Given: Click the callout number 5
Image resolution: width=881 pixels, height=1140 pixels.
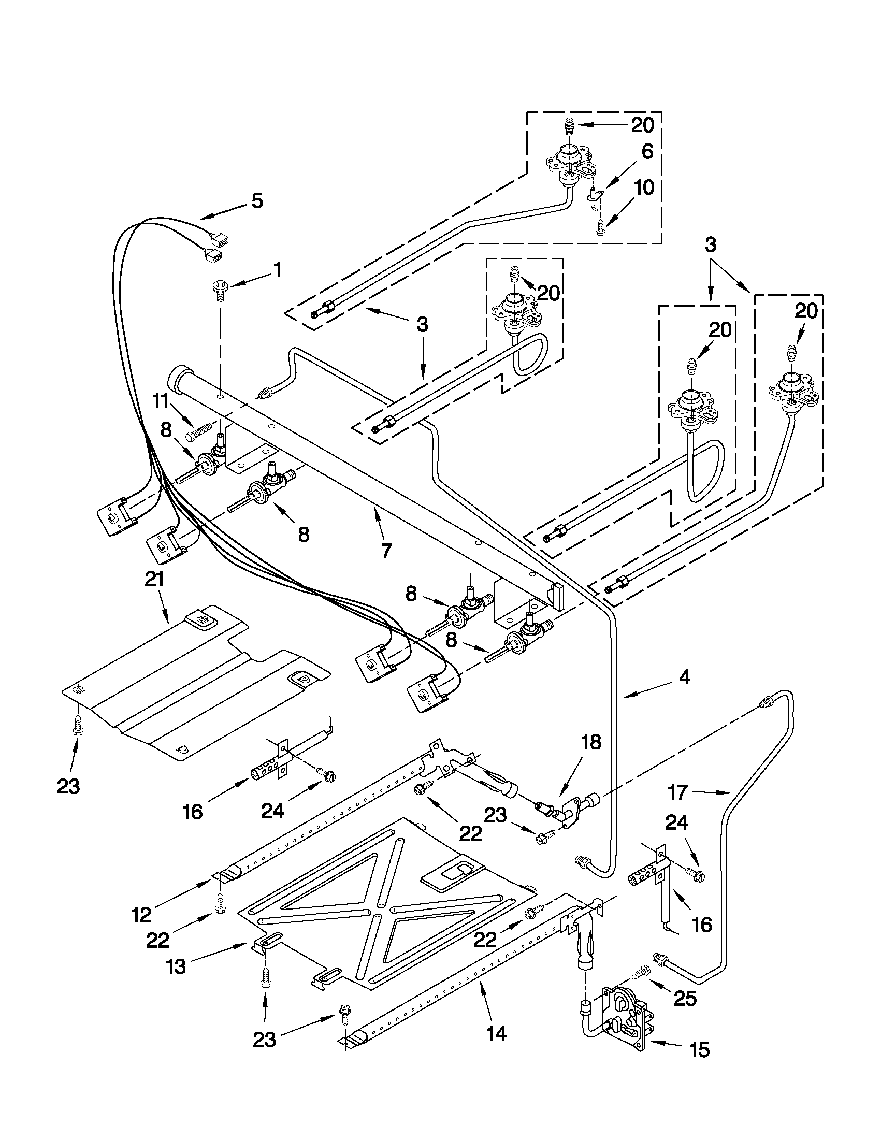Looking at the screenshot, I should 257,201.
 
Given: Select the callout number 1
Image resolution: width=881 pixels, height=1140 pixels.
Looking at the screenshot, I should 277,270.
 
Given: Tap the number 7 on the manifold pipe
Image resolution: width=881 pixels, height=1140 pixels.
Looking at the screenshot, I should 385,551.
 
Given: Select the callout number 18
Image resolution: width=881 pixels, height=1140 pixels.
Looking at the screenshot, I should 591,742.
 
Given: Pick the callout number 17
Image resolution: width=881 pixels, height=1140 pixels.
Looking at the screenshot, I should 677,792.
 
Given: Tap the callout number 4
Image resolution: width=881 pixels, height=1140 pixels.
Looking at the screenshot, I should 684,677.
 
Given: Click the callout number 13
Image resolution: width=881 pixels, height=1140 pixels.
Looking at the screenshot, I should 176,966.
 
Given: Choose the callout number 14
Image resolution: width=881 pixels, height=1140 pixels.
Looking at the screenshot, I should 496,1032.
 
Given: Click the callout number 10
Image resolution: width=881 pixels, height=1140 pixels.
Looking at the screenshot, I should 645,187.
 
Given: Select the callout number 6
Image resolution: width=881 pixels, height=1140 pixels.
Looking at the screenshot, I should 647,152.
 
